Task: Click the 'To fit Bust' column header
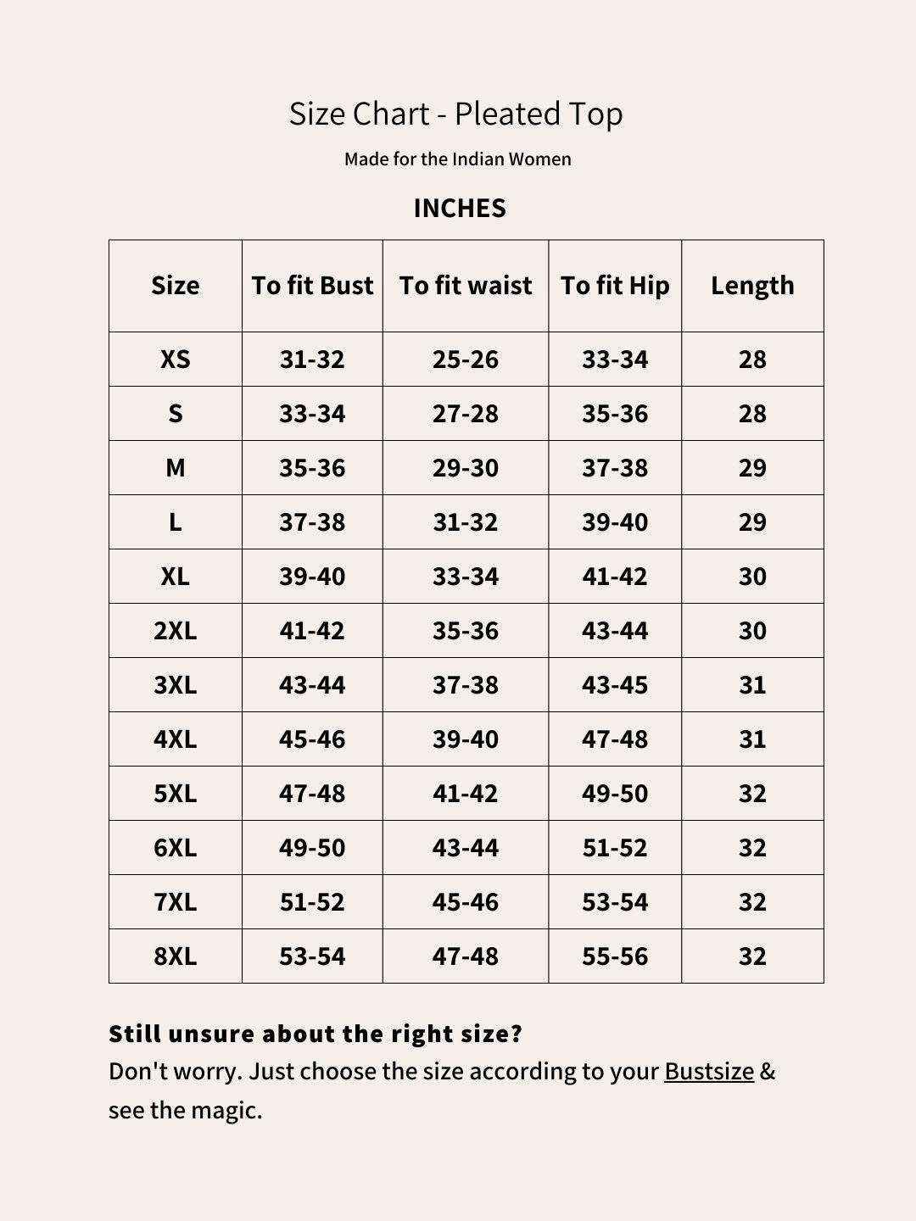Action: [312, 286]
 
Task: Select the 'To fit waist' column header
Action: [466, 286]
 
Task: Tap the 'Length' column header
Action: [752, 286]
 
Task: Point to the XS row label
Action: [176, 360]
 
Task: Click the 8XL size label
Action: [176, 956]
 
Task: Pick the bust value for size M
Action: [312, 468]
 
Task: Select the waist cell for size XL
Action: [466, 577]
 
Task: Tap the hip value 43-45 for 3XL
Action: [615, 685]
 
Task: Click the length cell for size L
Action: [752, 522]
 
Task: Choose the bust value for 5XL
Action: [312, 794]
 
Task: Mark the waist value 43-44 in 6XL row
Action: [466, 848]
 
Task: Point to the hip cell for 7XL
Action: [615, 902]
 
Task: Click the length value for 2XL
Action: [752, 631]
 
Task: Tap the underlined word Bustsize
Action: [709, 1072]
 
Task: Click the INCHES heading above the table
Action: [460, 209]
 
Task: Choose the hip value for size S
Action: [615, 414]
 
